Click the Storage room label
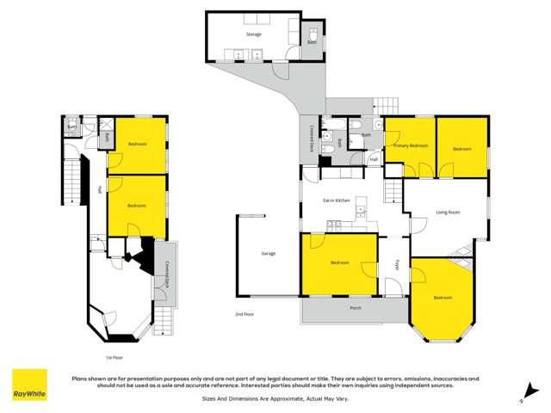(x=253, y=34)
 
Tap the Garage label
(x=269, y=254)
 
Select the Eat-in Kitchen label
(x=337, y=200)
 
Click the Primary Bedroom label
(x=411, y=146)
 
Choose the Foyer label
(x=398, y=263)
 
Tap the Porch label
(x=356, y=307)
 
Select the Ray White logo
(x=29, y=386)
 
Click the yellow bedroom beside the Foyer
(x=339, y=262)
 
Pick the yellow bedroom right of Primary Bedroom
(x=462, y=148)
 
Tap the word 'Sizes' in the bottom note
(x=210, y=398)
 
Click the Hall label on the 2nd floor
(x=375, y=159)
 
